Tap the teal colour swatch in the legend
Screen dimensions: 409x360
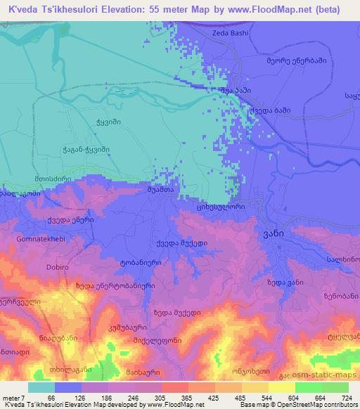click(41, 387)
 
